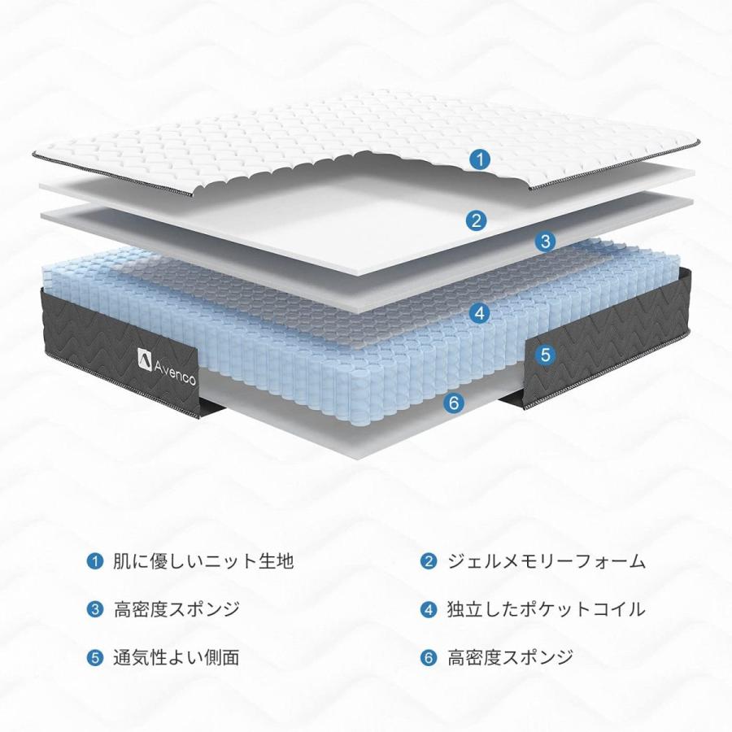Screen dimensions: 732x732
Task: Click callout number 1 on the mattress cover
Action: pos(479,159)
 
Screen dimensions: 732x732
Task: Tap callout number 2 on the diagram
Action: pos(476,220)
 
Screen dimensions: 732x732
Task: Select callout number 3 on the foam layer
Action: pos(545,242)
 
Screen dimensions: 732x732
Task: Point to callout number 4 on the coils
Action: pos(479,313)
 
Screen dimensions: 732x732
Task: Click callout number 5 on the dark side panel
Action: pos(545,355)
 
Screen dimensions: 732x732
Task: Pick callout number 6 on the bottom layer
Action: pos(454,403)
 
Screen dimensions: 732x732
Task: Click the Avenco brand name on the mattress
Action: pos(175,372)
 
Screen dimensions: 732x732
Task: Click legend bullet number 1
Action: pos(95,560)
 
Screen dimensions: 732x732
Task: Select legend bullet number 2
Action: pos(428,560)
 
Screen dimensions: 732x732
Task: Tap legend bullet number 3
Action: pos(95,609)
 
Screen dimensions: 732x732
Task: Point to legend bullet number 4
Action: pos(428,609)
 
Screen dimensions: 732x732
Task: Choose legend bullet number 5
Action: pos(95,658)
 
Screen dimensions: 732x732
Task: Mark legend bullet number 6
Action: pos(428,658)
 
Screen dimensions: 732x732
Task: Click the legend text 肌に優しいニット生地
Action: pos(203,560)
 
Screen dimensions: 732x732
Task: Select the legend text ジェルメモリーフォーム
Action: pos(547,561)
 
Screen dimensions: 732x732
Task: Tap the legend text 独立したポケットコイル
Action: pos(547,609)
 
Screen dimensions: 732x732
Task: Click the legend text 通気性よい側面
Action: pos(176,657)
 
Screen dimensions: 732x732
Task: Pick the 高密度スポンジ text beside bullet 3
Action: pos(177,609)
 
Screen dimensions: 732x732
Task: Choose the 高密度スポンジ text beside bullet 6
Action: pos(511,657)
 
